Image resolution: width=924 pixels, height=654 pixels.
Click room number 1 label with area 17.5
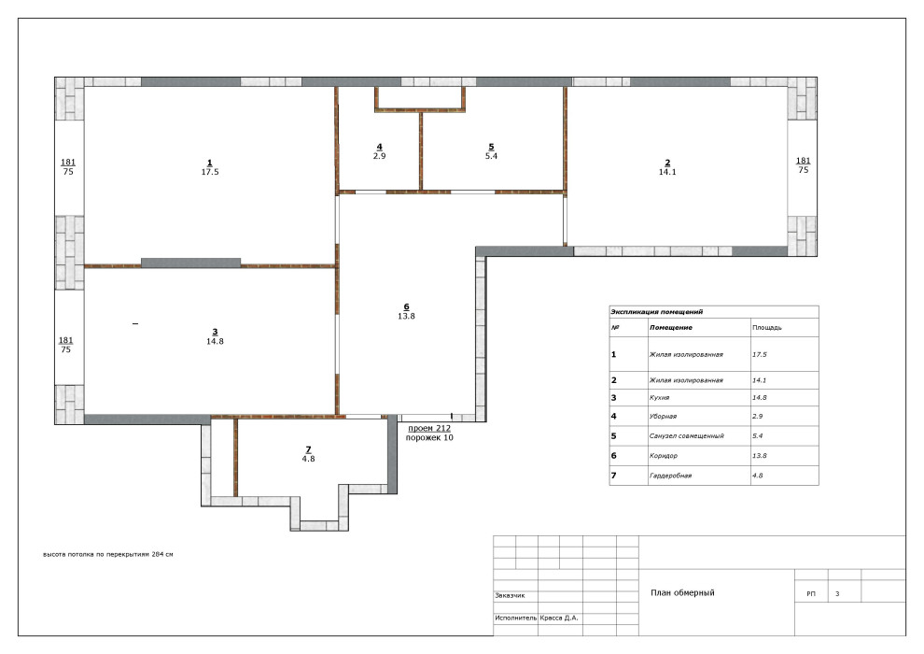[x=210, y=167]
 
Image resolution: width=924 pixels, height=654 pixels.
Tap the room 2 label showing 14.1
[x=667, y=167]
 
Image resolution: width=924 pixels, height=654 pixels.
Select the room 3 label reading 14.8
[x=215, y=336]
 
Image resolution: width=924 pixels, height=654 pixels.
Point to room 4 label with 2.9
[x=379, y=151]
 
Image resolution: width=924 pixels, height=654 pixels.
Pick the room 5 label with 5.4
[x=491, y=151]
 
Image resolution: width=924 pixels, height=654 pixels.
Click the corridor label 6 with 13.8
[x=406, y=311]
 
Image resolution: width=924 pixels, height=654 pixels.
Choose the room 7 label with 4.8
[x=308, y=454]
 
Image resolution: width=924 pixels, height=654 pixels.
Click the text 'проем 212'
[x=429, y=428]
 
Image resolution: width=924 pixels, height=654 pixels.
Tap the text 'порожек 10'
[x=429, y=437]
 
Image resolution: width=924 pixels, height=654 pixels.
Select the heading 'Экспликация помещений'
[x=656, y=311]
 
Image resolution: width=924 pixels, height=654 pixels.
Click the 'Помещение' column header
[x=671, y=327]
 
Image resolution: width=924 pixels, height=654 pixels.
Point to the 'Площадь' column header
[x=766, y=327]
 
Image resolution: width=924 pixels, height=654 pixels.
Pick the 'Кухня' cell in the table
[x=660, y=397]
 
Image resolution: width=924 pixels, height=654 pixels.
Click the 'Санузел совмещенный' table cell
[x=687, y=435]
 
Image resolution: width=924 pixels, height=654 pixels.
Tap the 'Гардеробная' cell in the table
[x=670, y=476]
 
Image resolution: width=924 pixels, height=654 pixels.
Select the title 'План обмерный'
[x=682, y=592]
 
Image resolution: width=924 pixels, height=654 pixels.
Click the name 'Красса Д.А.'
[x=559, y=618]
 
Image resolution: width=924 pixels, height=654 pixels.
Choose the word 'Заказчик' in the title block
[x=510, y=596]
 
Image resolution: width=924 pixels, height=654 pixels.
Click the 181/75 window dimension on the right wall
[x=803, y=165]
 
